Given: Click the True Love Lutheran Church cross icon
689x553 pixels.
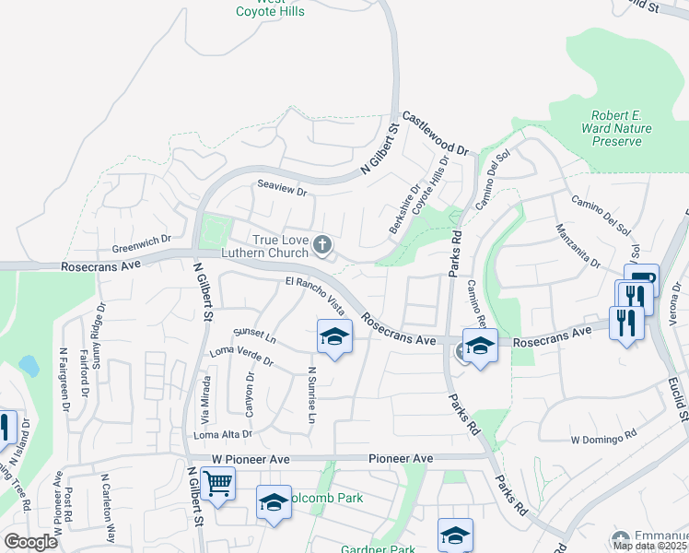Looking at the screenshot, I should pos(321,244).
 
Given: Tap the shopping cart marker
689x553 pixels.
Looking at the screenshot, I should pos(217,482).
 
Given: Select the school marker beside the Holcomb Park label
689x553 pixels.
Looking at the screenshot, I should pos(274,502).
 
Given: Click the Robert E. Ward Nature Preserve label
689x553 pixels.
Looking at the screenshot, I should pos(616,128).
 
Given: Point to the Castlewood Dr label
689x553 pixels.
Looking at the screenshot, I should pos(436,135).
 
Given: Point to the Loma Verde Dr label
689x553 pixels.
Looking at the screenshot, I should pos(242,355).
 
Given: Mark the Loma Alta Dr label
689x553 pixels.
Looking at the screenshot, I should pos(221,433).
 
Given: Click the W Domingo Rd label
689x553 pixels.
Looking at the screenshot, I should pos(604,439).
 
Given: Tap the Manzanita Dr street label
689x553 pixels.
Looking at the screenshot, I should pos(577,246).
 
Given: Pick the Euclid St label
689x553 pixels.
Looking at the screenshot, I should pos(679,392).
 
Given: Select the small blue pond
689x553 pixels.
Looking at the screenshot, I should pos(28,366).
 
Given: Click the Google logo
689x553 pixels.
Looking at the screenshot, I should pos(30,542).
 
